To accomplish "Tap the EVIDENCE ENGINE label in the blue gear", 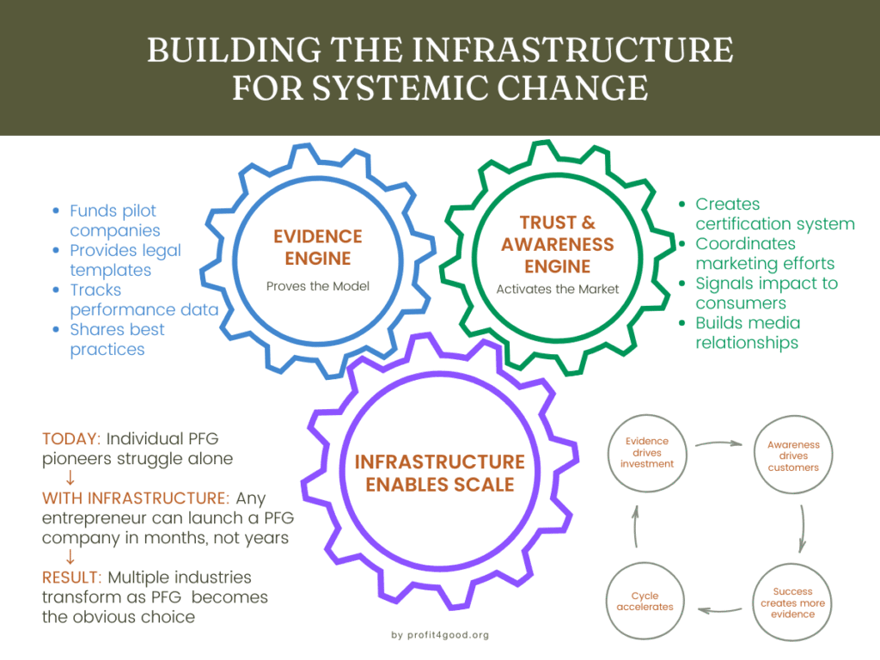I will point(318,247).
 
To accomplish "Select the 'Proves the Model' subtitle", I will point(318,285).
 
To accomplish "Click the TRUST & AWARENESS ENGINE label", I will point(558,245).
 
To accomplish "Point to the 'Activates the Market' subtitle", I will point(558,290).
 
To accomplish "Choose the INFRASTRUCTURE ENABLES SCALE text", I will point(439,473).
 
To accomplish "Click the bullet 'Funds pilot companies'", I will point(114,220).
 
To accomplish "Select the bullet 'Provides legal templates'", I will point(125,260).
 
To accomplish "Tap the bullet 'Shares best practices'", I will point(117,339).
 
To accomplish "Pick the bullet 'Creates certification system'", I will point(774,214).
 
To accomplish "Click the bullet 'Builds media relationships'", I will point(747,333).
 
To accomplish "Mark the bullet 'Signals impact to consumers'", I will point(766,293).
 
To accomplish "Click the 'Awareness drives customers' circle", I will point(793,455).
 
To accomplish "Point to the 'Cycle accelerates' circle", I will point(645,601).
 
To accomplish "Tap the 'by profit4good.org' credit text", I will point(439,635).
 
